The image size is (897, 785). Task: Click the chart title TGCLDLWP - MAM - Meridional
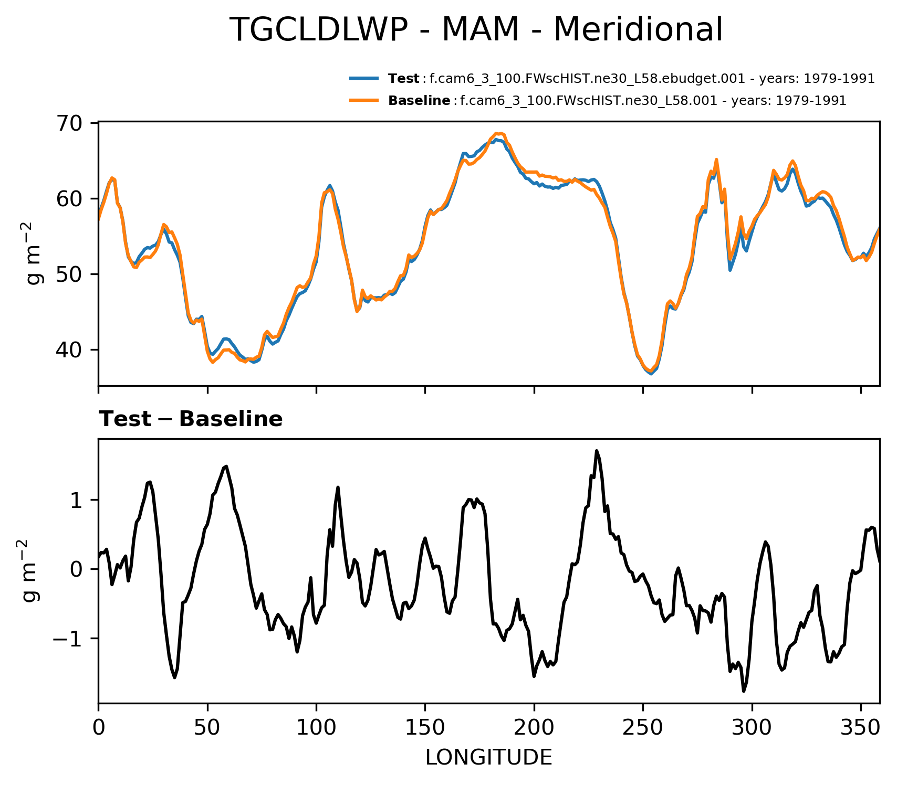pyautogui.click(x=476, y=30)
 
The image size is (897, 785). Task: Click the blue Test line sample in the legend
pyautogui.click(x=363, y=79)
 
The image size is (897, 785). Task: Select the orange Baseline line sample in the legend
pyautogui.click(x=363, y=100)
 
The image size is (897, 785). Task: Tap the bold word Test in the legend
pyautogui.click(x=403, y=79)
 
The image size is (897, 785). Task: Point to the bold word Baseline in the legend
pyautogui.click(x=419, y=101)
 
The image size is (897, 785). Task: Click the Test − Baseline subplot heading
pyautogui.click(x=191, y=419)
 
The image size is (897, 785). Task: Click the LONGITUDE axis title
pyautogui.click(x=488, y=758)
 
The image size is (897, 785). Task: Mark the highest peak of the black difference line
pyautogui.click(x=597, y=451)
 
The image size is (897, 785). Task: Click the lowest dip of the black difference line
pyautogui.click(x=744, y=691)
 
